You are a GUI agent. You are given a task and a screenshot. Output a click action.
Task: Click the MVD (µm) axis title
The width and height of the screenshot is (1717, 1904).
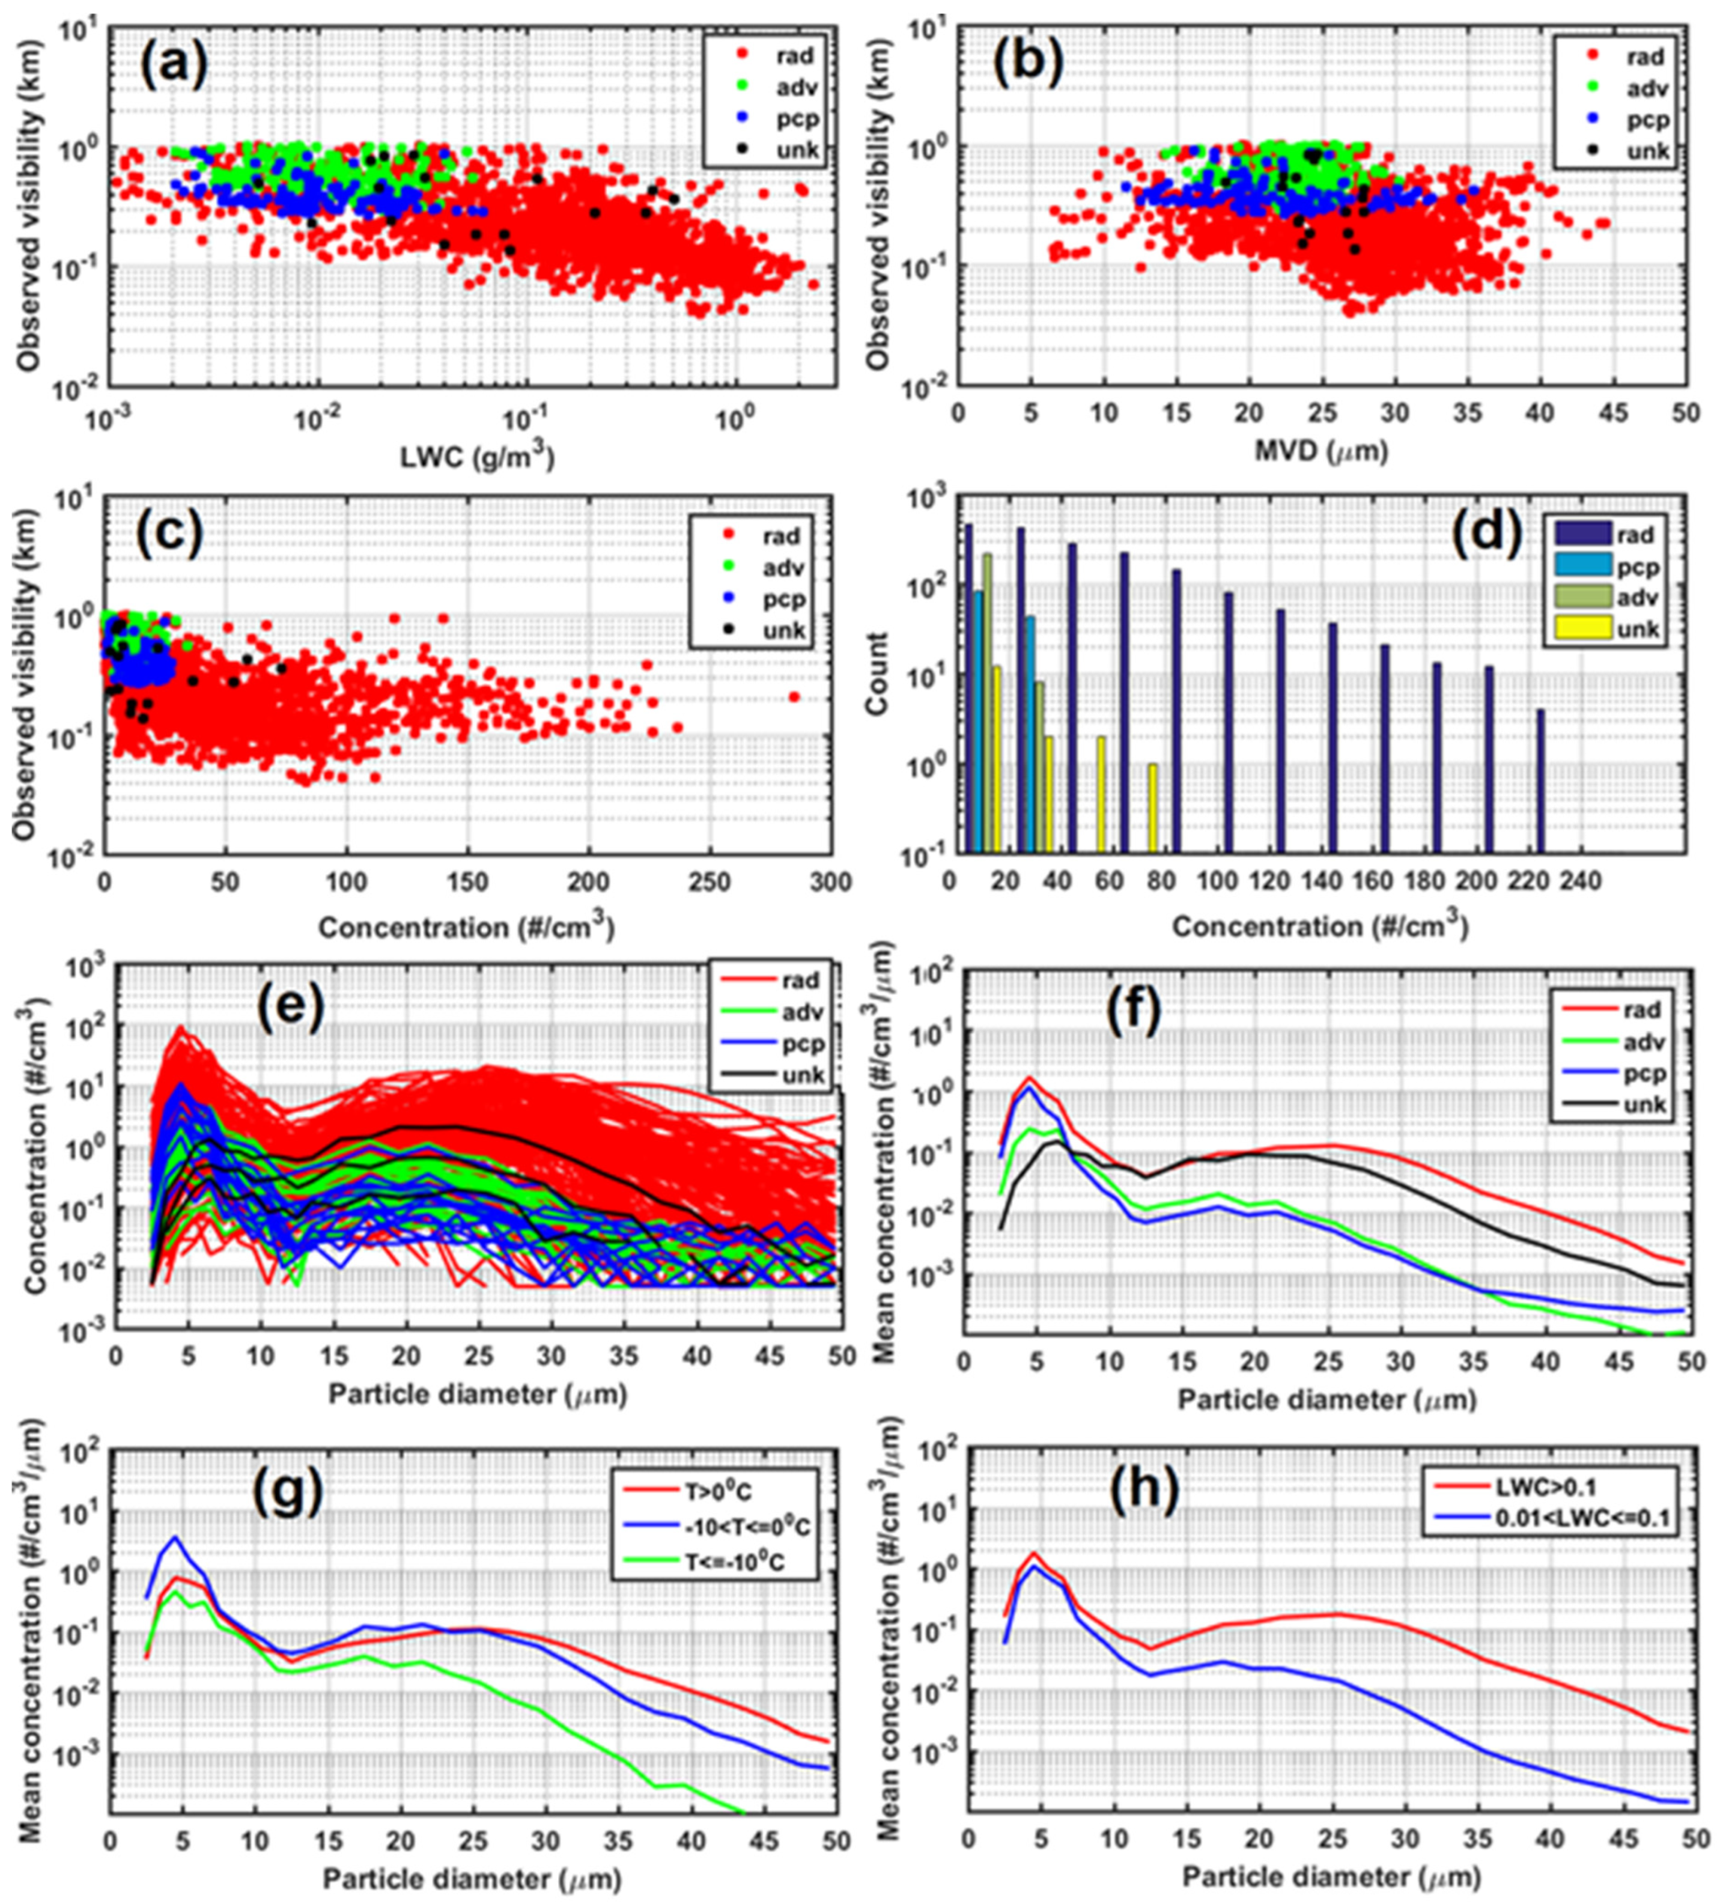click(x=1320, y=452)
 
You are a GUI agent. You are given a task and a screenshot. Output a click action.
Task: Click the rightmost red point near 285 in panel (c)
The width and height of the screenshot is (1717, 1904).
click(x=794, y=696)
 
